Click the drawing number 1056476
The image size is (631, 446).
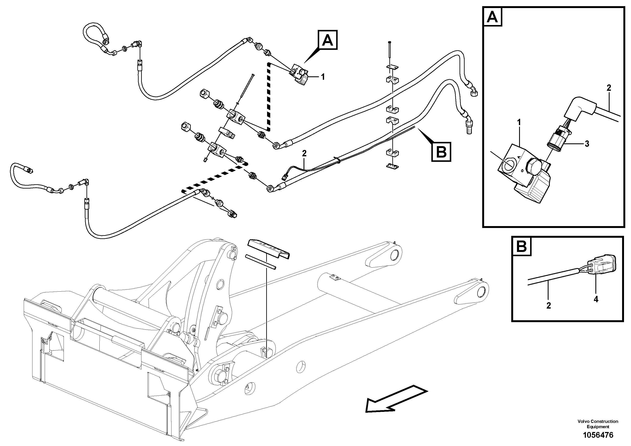(598, 435)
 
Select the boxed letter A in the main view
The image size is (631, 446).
(328, 41)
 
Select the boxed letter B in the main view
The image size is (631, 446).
(441, 151)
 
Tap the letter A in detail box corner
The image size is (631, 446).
(492, 18)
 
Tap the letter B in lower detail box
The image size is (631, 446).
(521, 246)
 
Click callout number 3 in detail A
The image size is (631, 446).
(587, 144)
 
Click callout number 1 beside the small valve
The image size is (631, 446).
(323, 77)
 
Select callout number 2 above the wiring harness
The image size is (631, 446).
(304, 153)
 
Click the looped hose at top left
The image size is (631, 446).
(95, 37)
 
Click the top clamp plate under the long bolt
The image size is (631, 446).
(392, 67)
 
